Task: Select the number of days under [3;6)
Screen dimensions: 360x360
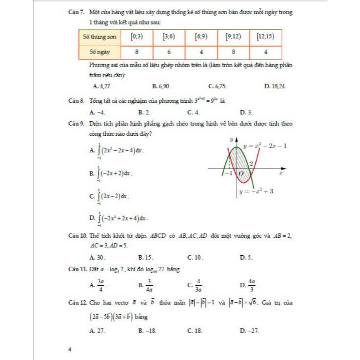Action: click(x=169, y=52)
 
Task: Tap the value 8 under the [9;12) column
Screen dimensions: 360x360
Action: click(x=234, y=52)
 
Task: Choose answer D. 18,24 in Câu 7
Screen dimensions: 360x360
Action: click(x=275, y=86)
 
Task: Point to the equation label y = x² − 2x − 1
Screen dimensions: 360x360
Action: click(x=265, y=146)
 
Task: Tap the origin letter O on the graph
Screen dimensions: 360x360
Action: click(x=241, y=173)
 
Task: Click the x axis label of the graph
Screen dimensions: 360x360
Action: click(x=281, y=173)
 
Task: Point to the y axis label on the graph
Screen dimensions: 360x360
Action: click(x=232, y=138)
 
